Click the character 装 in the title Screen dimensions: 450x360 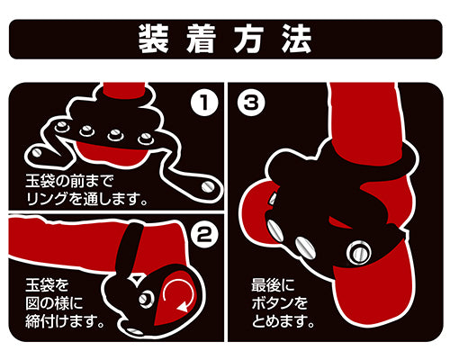[x=153, y=39]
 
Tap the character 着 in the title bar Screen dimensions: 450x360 [x=201, y=39]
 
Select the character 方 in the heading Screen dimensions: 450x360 [x=248, y=39]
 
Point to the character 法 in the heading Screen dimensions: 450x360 [x=296, y=39]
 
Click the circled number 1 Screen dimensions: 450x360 [x=204, y=103]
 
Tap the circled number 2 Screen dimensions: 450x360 [x=204, y=234]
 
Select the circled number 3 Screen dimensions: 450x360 [x=251, y=103]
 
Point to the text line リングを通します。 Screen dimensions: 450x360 [x=87, y=199]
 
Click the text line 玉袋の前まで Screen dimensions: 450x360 [x=69, y=181]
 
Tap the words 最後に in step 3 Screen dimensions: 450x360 [x=273, y=285]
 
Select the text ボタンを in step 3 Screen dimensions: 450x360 [x=280, y=303]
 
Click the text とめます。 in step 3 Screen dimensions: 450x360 [x=283, y=321]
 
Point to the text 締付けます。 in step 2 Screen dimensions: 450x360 [x=65, y=321]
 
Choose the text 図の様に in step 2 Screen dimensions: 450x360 [x=54, y=303]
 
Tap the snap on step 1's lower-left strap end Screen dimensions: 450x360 [x=37, y=152]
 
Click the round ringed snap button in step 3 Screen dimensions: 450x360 [x=359, y=253]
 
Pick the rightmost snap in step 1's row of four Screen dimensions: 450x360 [x=146, y=139]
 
